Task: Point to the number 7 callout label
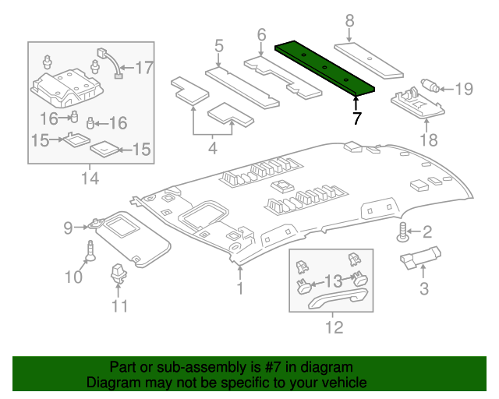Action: tap(356, 118)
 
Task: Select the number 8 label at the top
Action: tap(349, 21)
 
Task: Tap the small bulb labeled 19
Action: tap(428, 86)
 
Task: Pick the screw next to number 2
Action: tap(404, 231)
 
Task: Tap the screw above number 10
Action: tap(91, 251)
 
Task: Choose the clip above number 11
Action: tap(119, 274)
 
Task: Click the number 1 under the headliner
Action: tap(240, 289)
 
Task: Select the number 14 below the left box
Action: tap(90, 179)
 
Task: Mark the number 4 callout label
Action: tap(213, 147)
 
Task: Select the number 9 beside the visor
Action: tap(69, 228)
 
